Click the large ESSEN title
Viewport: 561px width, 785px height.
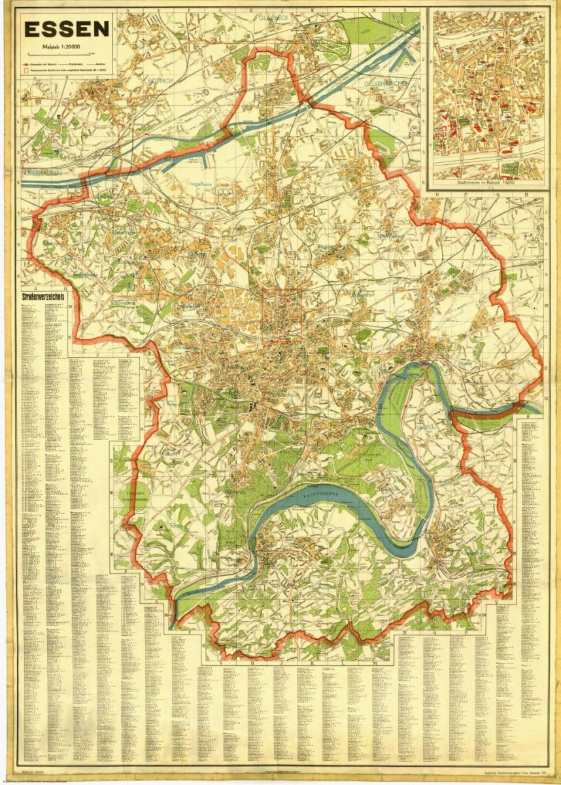click(x=67, y=29)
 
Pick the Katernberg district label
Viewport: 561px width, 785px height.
click(x=343, y=179)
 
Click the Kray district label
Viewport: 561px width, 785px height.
click(x=447, y=273)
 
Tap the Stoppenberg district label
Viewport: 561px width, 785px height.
click(x=327, y=247)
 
